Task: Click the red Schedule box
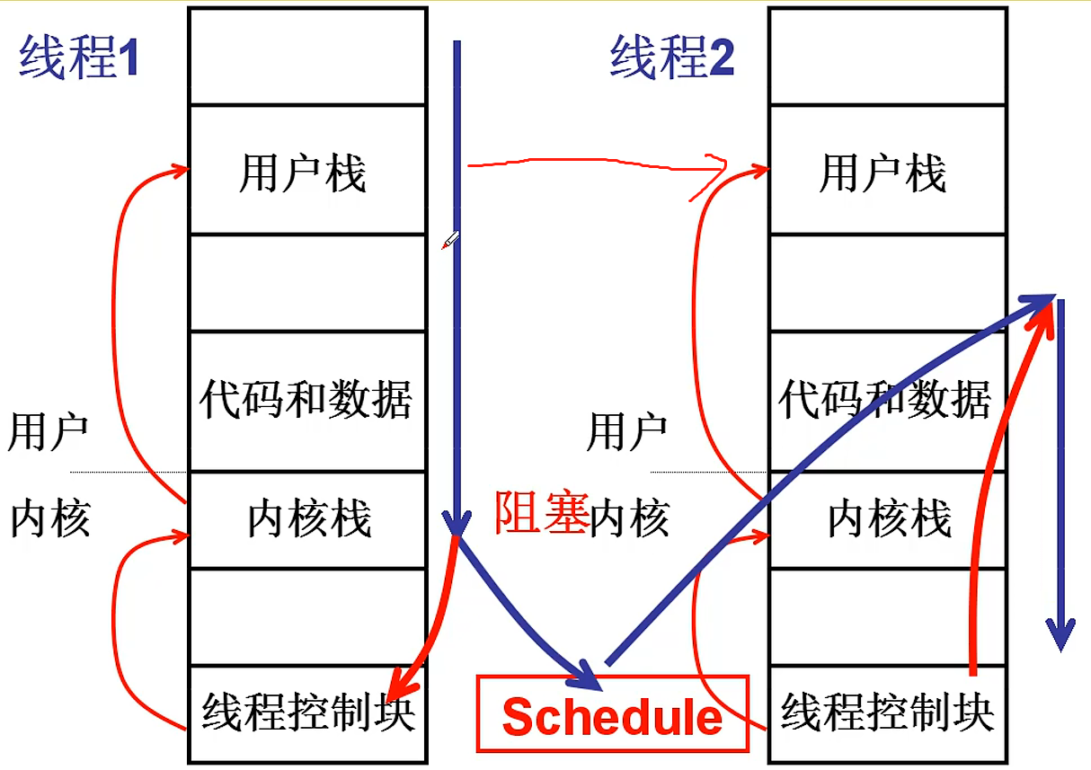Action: (x=612, y=713)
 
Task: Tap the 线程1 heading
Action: (x=79, y=59)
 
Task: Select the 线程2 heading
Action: (x=672, y=59)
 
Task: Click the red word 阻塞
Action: (x=541, y=516)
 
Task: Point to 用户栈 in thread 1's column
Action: (x=303, y=173)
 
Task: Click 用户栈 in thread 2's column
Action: (x=883, y=173)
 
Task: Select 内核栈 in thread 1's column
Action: (x=309, y=519)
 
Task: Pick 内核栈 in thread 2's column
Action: (x=889, y=519)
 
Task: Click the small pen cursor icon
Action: (x=450, y=240)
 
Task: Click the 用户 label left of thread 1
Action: (x=48, y=432)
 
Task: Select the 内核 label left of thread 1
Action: (x=50, y=518)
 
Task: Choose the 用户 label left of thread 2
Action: (x=626, y=432)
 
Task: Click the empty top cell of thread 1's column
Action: (x=306, y=56)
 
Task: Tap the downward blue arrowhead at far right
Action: (x=1061, y=636)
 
